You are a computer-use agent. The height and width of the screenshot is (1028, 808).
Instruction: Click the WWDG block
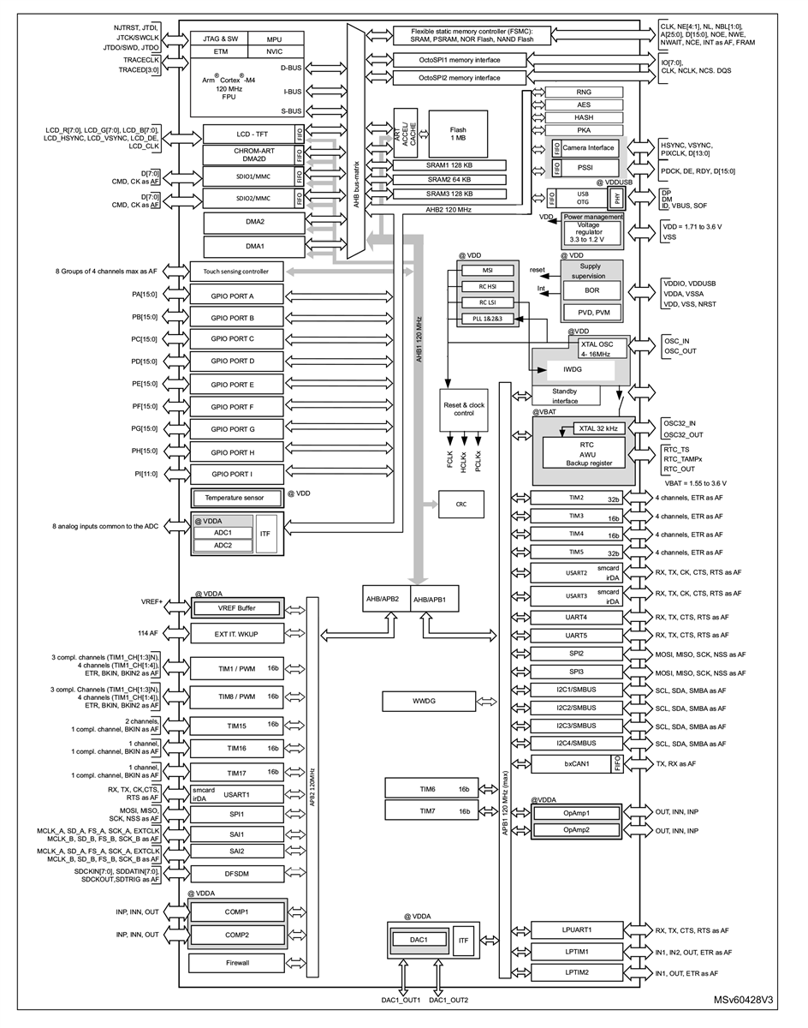click(423, 702)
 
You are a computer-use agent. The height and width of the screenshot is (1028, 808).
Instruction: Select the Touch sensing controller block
click(235, 272)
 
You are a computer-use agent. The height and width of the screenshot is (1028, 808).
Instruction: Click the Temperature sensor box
click(235, 498)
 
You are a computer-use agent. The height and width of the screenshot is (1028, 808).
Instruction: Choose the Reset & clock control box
click(463, 409)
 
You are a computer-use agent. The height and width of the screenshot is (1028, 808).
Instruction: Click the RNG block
click(584, 92)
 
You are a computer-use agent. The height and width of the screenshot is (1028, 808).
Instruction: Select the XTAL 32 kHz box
click(600, 428)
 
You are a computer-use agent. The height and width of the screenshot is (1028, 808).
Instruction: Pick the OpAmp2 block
click(577, 830)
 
